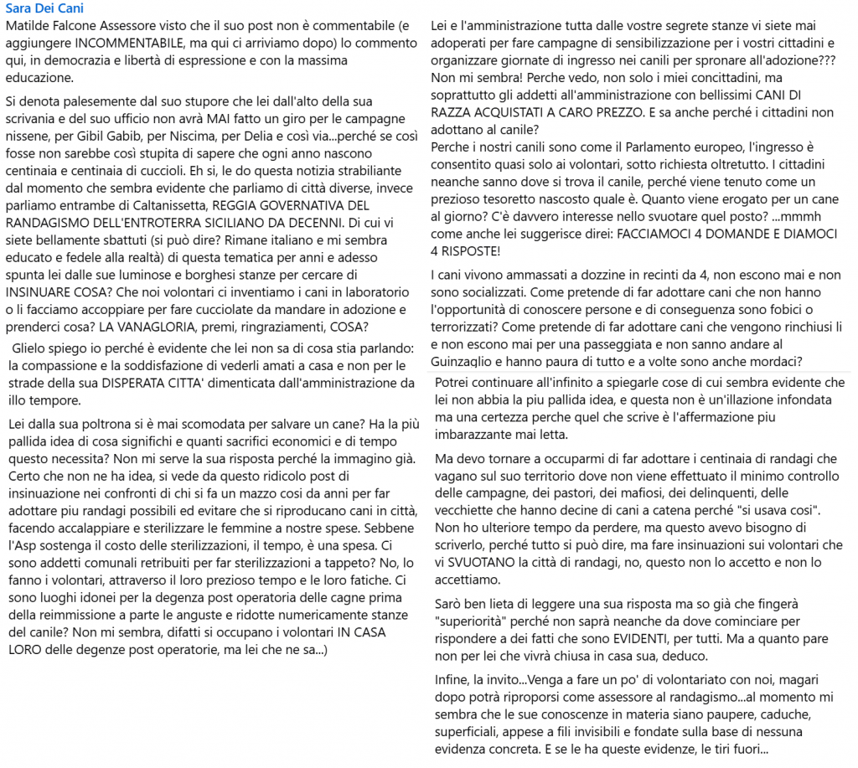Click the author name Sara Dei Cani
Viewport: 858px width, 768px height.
pos(44,9)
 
